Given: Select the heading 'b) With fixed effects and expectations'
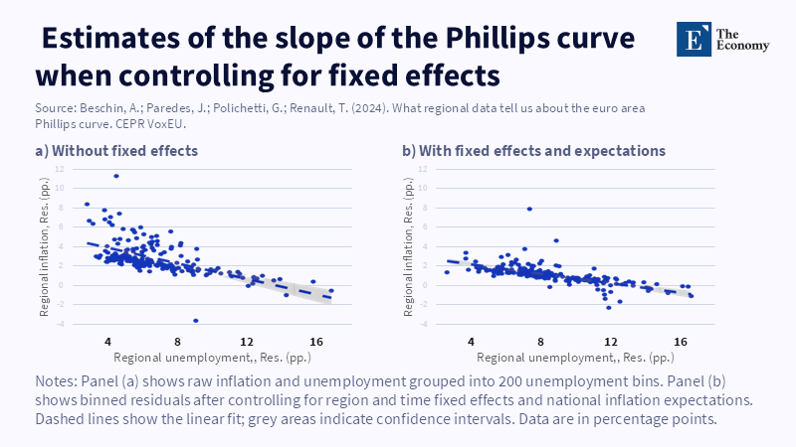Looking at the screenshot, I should click(x=533, y=151).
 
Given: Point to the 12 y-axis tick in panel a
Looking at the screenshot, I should click(x=60, y=168).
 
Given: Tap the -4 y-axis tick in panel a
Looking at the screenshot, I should click(x=60, y=323).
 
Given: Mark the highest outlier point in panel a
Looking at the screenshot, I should click(x=116, y=176).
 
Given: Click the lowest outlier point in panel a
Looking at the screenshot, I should click(x=195, y=320).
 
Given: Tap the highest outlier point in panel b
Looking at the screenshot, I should click(x=529, y=209).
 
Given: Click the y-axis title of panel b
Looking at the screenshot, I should click(x=409, y=245).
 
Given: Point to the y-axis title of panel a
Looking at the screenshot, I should click(x=45, y=245).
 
